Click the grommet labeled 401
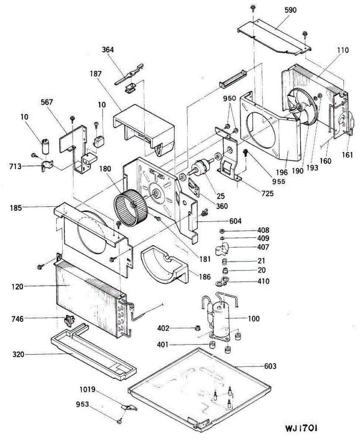pos(212,345)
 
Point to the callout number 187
pos(95,73)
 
